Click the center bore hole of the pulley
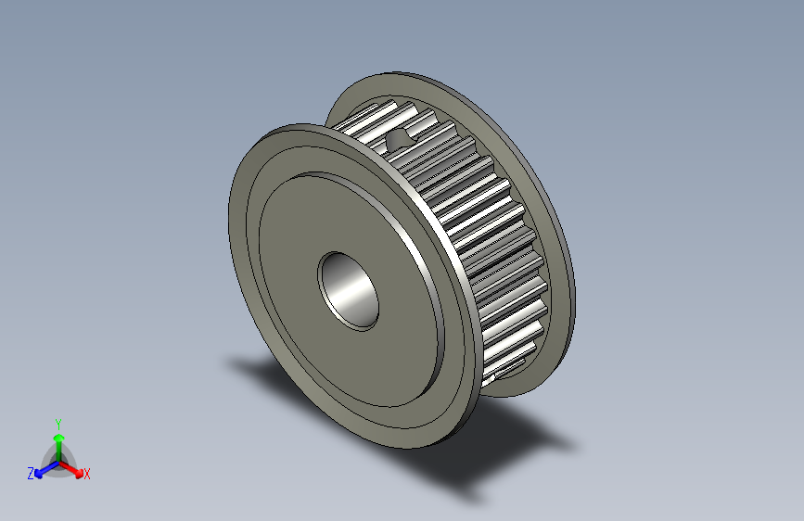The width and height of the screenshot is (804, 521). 350,289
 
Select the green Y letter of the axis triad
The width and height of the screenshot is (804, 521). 57,422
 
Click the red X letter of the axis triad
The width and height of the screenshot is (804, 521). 87,475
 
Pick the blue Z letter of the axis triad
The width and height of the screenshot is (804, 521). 31,474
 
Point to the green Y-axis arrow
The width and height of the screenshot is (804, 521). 57,439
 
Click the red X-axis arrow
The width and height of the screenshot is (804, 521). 73,467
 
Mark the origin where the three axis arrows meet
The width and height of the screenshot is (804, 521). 57,459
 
